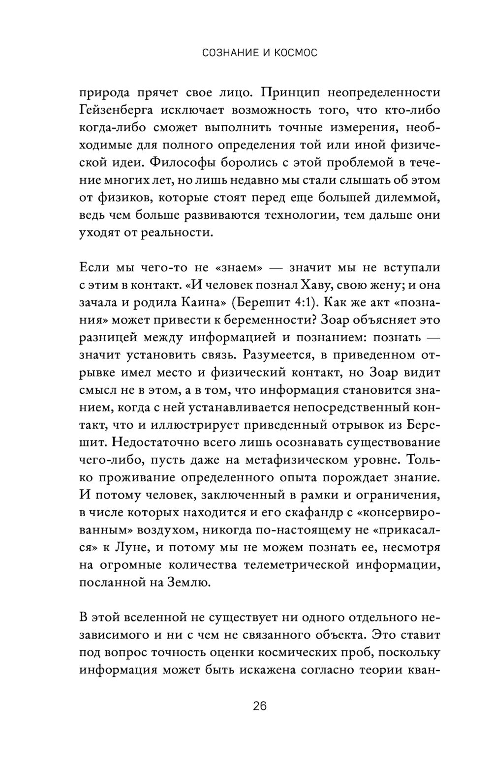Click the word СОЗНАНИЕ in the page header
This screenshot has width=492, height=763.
pos(227,53)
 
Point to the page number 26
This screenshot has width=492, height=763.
pos(260,706)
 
